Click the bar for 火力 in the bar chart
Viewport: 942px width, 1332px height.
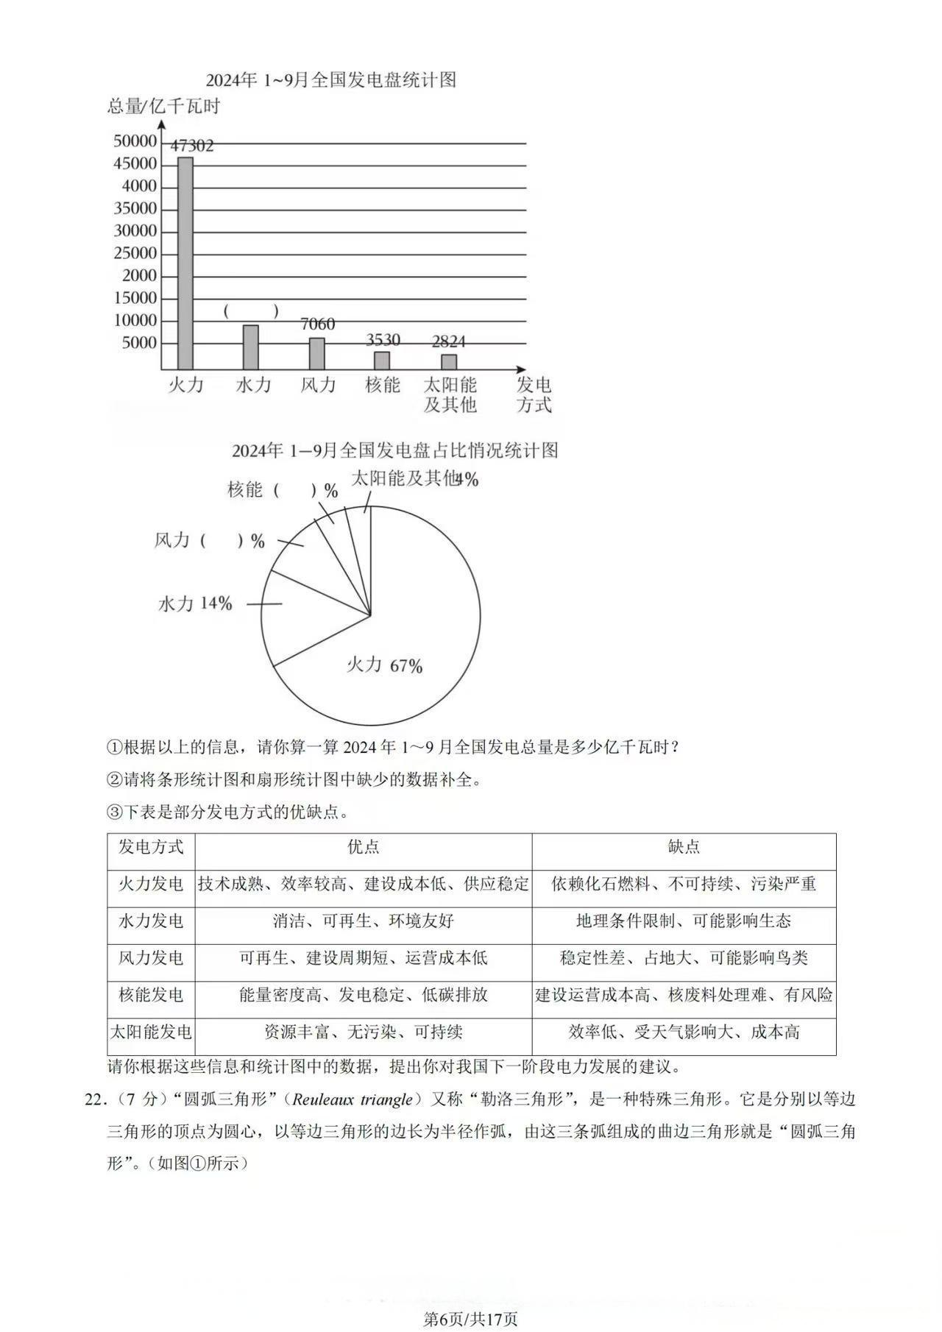tap(185, 263)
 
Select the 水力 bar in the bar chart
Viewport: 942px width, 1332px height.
tap(251, 347)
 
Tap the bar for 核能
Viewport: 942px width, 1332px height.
tap(382, 360)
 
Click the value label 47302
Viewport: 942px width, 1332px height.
tap(192, 146)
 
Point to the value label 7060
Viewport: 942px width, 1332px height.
tap(317, 324)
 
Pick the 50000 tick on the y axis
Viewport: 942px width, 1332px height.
tap(135, 141)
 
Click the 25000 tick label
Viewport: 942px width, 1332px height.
tap(135, 253)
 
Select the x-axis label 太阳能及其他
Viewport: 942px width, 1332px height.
tap(450, 394)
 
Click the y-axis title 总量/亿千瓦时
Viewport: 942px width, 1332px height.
tap(164, 107)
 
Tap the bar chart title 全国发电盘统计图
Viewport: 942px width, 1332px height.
tap(330, 79)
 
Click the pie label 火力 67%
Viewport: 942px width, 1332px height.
tap(384, 665)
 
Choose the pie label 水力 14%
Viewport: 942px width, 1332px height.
tap(195, 603)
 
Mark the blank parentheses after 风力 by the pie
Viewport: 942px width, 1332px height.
tap(221, 541)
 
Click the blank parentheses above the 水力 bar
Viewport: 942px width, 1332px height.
tap(251, 311)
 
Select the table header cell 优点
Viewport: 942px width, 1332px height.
tap(364, 847)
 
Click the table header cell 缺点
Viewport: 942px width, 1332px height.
tap(684, 847)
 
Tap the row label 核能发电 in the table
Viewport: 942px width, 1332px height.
tap(151, 995)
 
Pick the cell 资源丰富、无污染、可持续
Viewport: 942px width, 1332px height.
tap(364, 1032)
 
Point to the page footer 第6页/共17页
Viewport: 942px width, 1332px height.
tap(471, 1313)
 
